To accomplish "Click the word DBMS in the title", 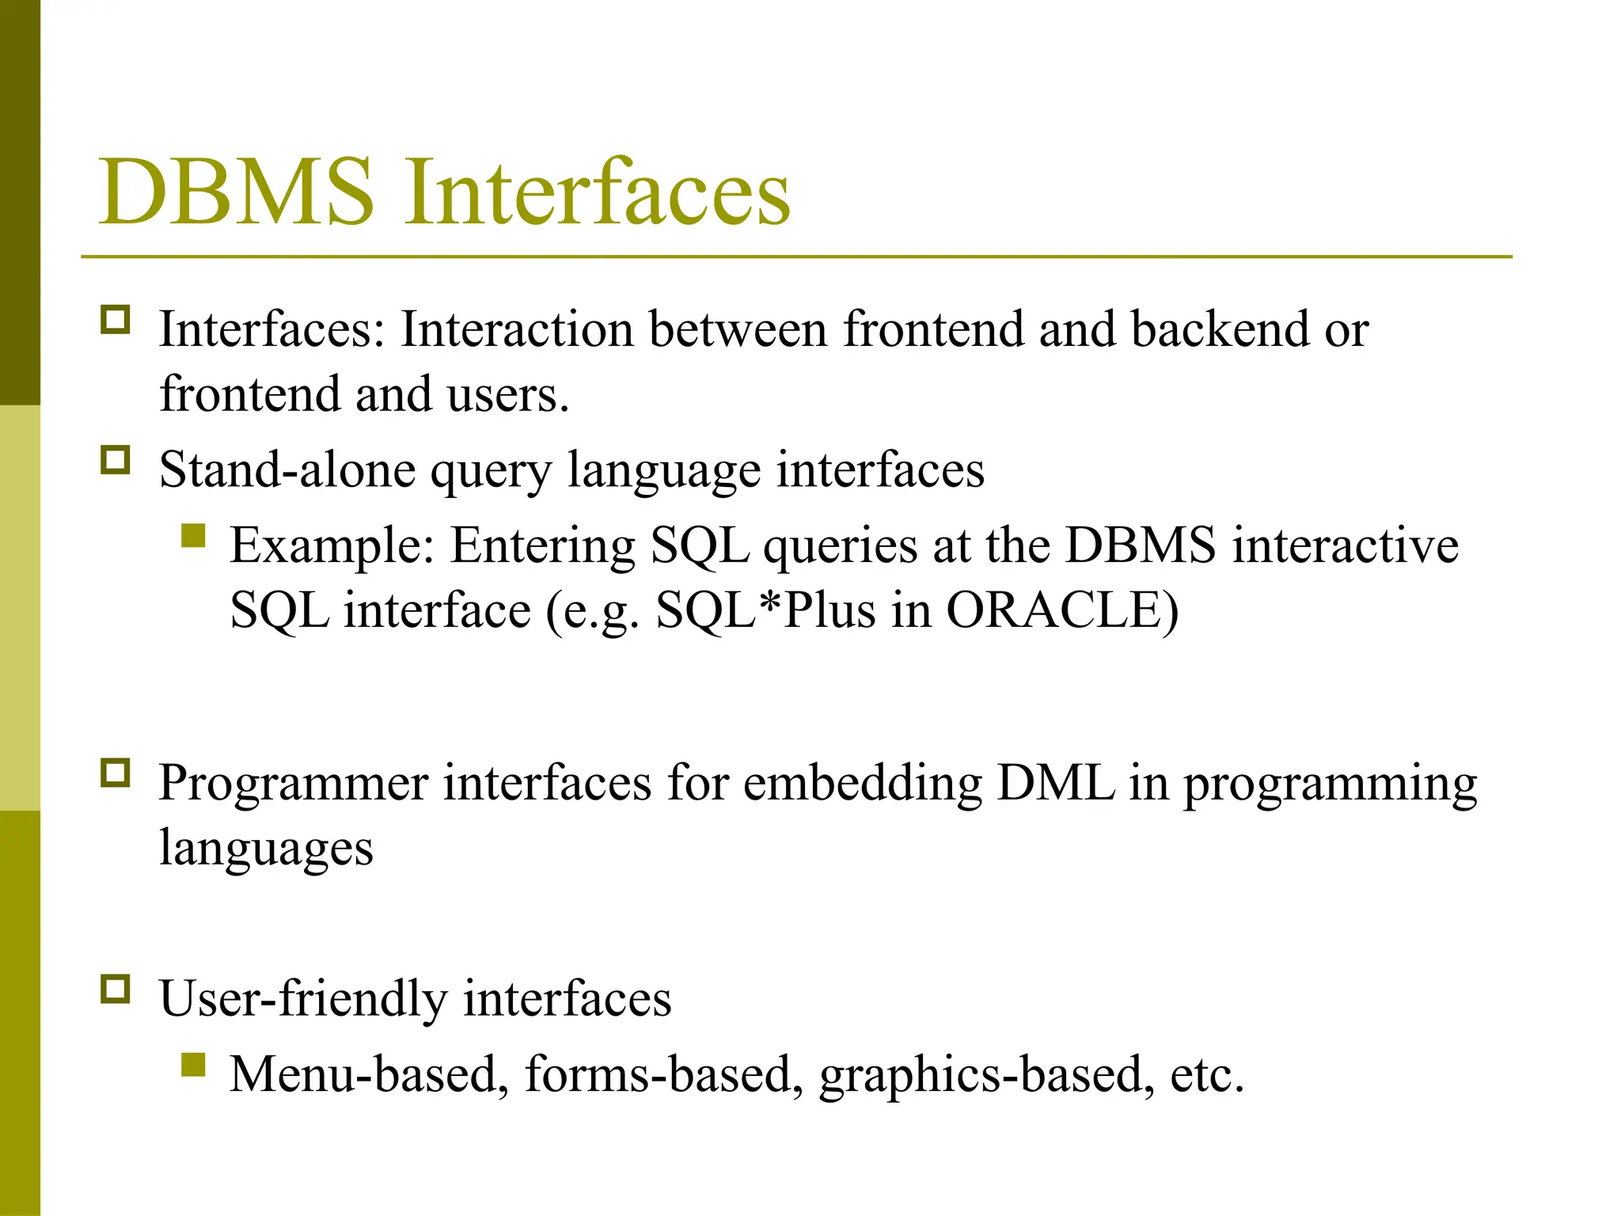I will click(x=236, y=192).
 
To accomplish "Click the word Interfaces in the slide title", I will click(x=598, y=192).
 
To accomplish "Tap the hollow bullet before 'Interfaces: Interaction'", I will click(x=116, y=320).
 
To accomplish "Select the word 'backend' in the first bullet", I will click(x=1220, y=329).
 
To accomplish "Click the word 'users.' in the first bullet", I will click(x=507, y=394).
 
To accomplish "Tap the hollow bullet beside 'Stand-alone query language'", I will click(x=116, y=460).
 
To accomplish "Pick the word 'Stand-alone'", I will click(x=286, y=469).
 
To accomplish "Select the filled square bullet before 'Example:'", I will click(x=193, y=536).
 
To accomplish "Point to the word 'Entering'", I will click(x=543, y=546).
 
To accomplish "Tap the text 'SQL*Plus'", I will click(x=765, y=610).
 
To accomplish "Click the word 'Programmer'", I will click(x=293, y=784).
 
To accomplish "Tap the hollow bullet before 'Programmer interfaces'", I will click(x=116, y=773).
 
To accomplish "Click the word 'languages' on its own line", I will click(x=266, y=849).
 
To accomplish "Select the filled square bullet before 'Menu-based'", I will click(x=193, y=1065).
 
